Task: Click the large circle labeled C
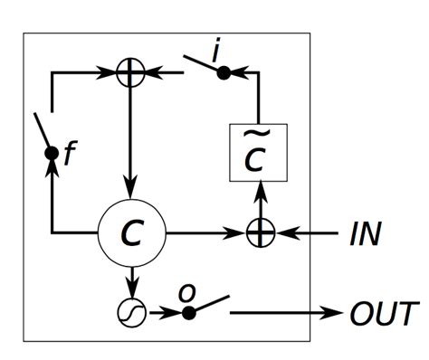pos(132,234)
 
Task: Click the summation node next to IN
pos(260,233)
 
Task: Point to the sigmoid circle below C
pos(132,312)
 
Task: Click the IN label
pos(367,234)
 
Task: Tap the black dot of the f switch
pos(52,153)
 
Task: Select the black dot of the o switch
pos(188,313)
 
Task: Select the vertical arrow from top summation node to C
pos(132,145)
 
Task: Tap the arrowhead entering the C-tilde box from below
pos(260,189)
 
